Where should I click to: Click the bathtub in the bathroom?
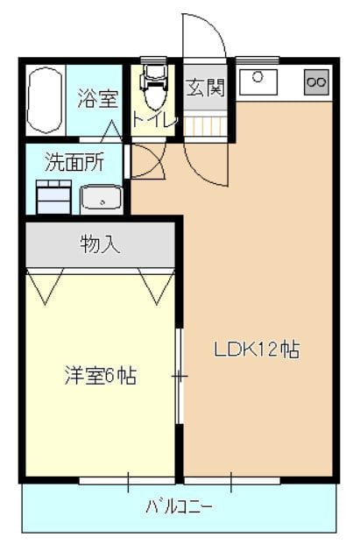pyautogui.click(x=45, y=101)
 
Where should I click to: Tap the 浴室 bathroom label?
pyautogui.click(x=97, y=98)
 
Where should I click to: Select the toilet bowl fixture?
pyautogui.click(x=153, y=87)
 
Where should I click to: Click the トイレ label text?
pyautogui.click(x=154, y=120)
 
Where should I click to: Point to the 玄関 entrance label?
pyautogui.click(x=205, y=87)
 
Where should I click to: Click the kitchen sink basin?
pyautogui.click(x=258, y=81)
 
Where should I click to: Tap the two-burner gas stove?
pyautogui.click(x=316, y=82)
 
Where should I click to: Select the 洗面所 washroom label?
pyautogui.click(x=74, y=162)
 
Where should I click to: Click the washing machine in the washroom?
pyautogui.click(x=54, y=197)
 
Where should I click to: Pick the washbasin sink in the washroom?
pyautogui.click(x=102, y=199)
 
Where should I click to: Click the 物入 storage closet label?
pyautogui.click(x=100, y=244)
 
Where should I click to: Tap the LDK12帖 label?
pyautogui.click(x=258, y=350)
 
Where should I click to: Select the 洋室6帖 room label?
pyautogui.click(x=101, y=376)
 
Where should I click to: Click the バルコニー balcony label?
pyautogui.click(x=179, y=506)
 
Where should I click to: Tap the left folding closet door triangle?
pyautogui.click(x=45, y=286)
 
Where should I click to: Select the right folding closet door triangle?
pyautogui.click(x=156, y=286)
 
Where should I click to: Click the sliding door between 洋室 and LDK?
pyautogui.click(x=180, y=376)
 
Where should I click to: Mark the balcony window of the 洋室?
pyautogui.click(x=127, y=480)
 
